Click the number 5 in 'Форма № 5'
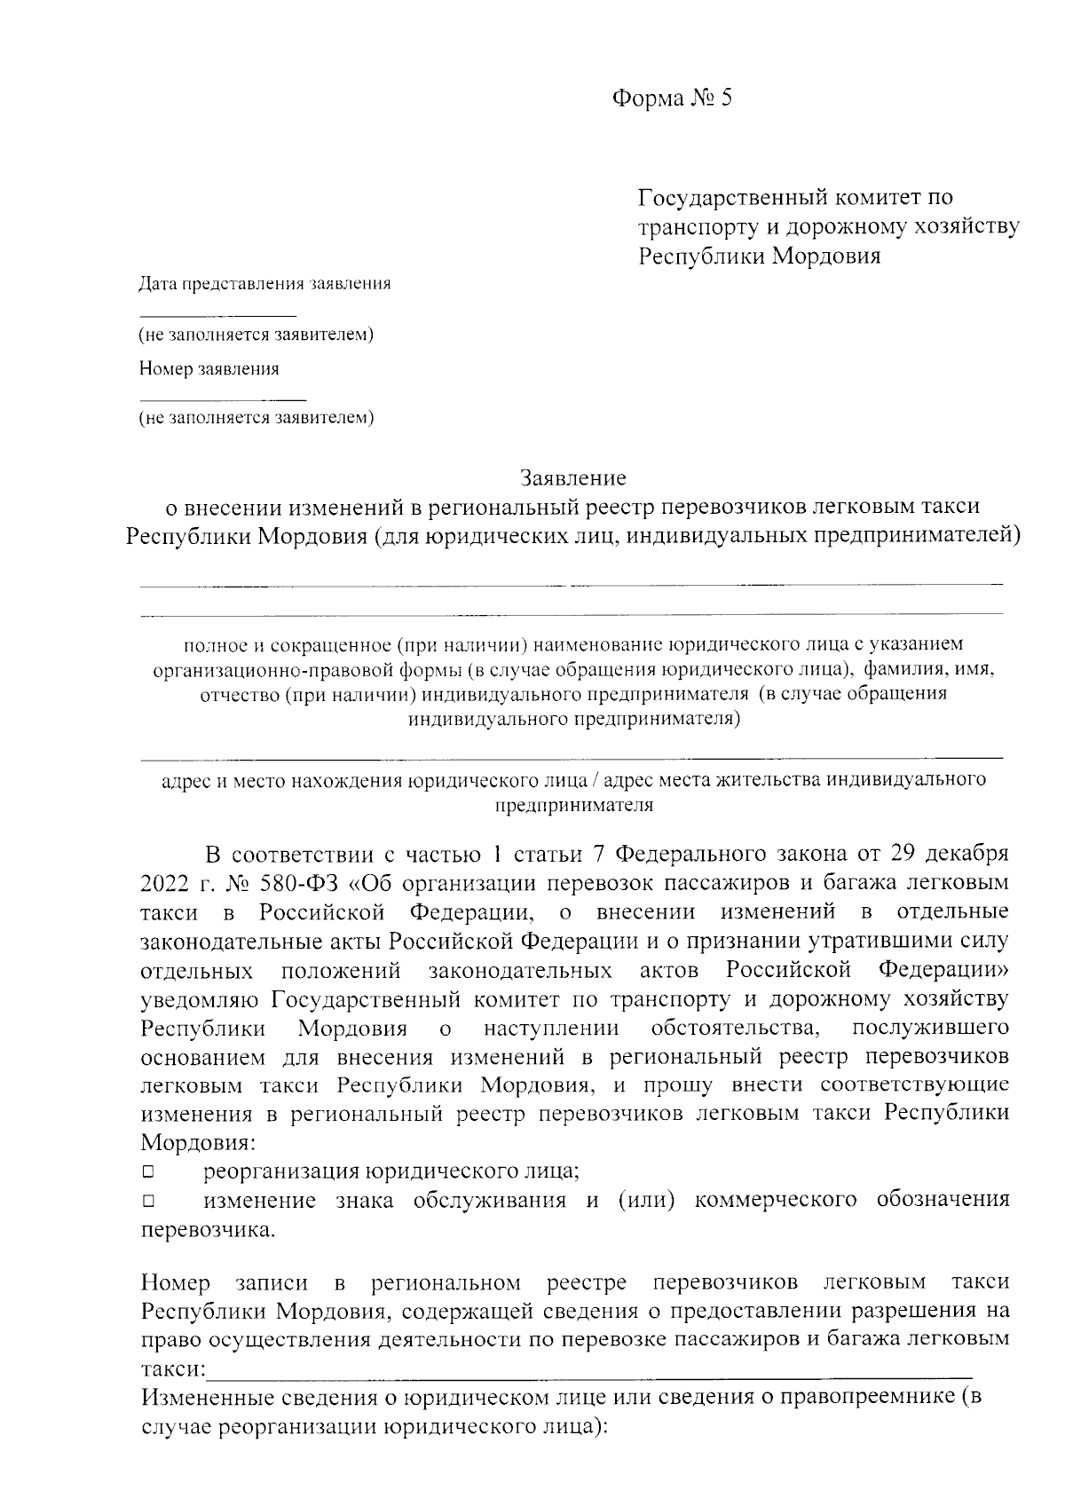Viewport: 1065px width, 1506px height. coord(726,99)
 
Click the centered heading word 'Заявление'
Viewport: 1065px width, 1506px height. coord(573,478)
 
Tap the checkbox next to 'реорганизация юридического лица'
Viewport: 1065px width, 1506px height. coord(148,1172)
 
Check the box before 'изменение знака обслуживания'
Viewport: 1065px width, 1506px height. coord(148,1202)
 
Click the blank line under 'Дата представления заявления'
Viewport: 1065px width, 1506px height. coord(217,315)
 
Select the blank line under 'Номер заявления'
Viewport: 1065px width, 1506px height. coord(222,399)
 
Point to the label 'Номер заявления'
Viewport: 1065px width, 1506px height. coord(209,369)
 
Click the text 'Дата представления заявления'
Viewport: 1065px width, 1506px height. coord(264,285)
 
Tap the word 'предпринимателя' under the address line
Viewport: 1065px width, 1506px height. coord(573,806)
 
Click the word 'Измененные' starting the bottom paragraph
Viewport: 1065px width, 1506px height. coord(204,1399)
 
